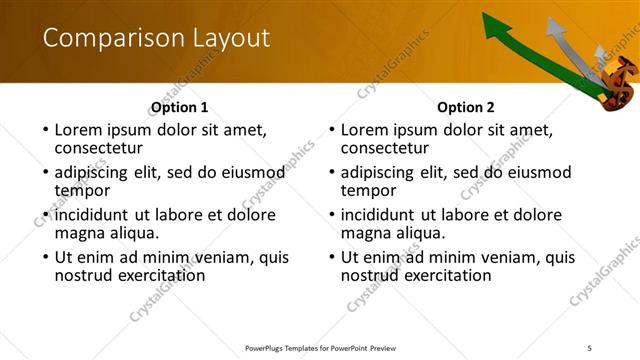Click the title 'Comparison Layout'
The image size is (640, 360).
click(x=156, y=38)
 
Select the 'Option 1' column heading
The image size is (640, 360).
click(x=180, y=107)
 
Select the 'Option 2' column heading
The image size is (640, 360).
click(x=466, y=107)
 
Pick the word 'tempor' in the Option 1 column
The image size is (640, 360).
click(x=82, y=190)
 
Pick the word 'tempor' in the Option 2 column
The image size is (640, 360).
click(x=368, y=190)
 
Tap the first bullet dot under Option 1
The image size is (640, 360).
click(x=44, y=130)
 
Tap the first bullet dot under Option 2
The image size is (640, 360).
click(x=331, y=130)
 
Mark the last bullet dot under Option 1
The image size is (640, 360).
click(x=44, y=258)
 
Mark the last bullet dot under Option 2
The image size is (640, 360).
click(x=331, y=258)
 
